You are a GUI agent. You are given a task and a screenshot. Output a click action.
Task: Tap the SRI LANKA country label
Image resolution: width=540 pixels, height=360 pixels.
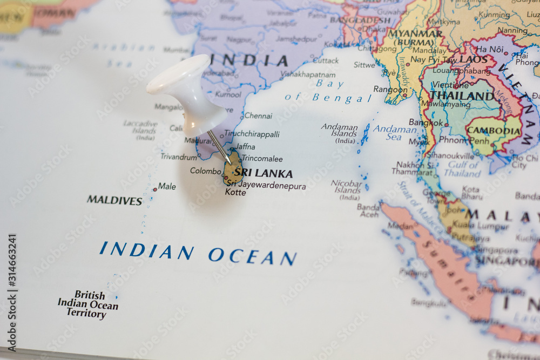point(264,173)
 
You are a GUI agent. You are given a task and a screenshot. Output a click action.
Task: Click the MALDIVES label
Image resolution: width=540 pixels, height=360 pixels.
point(114,200)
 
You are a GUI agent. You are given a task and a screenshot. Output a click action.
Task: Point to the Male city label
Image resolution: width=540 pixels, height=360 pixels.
point(167,186)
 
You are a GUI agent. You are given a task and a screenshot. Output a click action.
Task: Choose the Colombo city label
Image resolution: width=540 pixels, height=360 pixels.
point(205,171)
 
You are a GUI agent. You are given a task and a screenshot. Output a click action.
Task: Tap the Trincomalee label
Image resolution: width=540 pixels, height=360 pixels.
point(262,159)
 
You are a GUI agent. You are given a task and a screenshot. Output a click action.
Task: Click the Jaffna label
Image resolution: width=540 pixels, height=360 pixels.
point(245,146)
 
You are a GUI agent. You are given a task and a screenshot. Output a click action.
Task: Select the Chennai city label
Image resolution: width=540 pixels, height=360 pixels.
point(258,116)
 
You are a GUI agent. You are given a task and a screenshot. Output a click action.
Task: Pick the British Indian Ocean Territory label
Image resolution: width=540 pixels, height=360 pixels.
point(88,304)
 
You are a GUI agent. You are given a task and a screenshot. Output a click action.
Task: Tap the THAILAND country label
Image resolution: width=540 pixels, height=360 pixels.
point(462,96)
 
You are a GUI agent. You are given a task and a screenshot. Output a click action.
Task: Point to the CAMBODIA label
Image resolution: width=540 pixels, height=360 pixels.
point(493,131)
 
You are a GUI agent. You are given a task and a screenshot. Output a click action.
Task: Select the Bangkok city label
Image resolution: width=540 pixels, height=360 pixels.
point(426,123)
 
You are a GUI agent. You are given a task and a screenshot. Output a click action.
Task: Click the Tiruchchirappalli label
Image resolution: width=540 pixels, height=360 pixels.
point(252,134)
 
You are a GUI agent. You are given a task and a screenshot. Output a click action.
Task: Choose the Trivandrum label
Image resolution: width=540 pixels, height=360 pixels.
point(179,157)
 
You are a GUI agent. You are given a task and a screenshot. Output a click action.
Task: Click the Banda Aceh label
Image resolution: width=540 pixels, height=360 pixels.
point(368,210)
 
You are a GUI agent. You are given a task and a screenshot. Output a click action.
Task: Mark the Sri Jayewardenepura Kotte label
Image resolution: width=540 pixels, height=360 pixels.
point(266,189)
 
